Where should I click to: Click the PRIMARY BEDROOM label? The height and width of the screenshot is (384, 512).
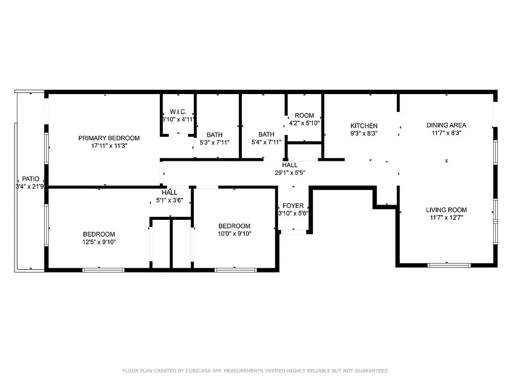109,138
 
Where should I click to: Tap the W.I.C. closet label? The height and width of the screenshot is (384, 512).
178,112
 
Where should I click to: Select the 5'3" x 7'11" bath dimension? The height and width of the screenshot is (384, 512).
214,143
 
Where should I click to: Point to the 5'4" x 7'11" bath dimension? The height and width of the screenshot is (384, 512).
266,142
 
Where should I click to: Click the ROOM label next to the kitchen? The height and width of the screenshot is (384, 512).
304,116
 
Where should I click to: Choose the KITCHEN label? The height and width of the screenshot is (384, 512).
364,126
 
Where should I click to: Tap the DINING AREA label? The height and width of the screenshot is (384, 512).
446,125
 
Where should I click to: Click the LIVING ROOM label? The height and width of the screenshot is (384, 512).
446,210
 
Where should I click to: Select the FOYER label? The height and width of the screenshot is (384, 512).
293,206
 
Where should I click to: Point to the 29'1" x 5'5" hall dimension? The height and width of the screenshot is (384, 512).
290,172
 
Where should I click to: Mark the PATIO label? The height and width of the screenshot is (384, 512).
31,179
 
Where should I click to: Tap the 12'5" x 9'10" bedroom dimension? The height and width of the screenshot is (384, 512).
99,242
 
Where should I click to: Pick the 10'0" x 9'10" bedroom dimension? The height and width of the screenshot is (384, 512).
234,234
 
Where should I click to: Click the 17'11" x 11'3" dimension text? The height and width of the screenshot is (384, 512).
109,145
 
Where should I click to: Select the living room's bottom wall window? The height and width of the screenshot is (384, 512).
449,264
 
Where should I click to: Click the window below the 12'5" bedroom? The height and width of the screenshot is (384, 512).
103,270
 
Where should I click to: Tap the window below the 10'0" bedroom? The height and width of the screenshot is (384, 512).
236,270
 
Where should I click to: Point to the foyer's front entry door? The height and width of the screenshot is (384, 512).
293,232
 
